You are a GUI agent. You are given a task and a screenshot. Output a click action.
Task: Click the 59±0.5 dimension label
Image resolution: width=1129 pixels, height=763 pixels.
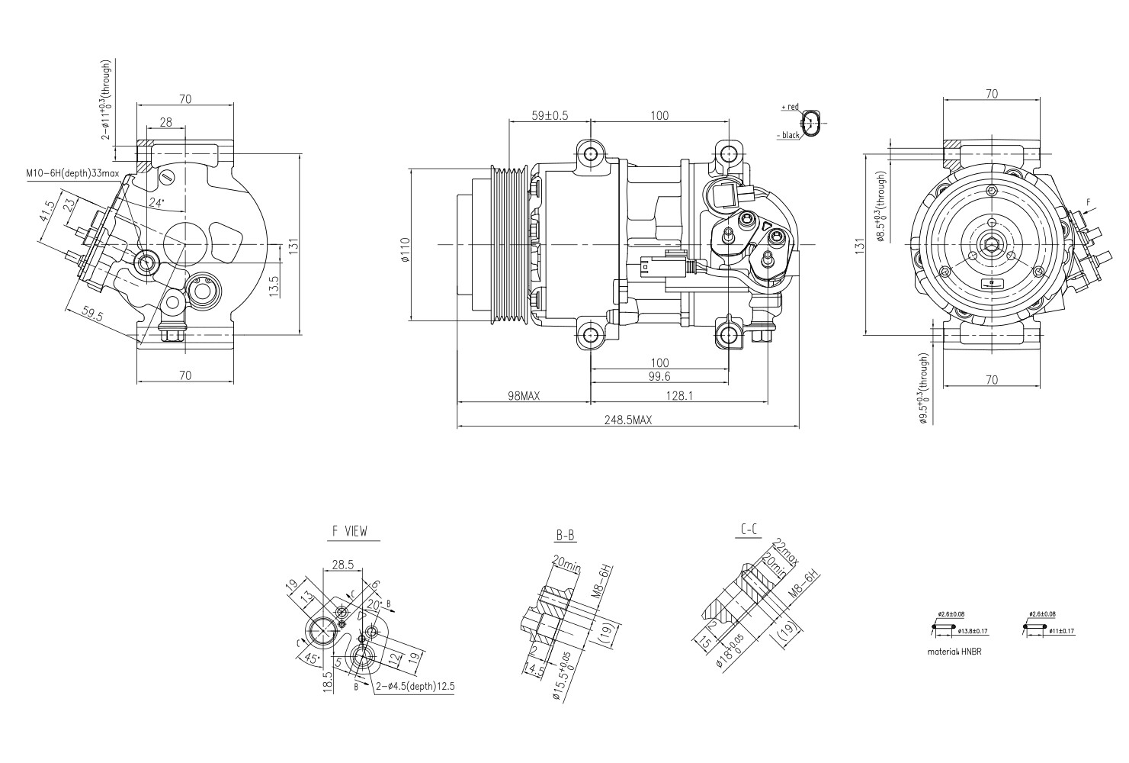(550, 116)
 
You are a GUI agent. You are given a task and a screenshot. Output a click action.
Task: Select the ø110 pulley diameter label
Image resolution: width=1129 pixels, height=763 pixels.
(406, 250)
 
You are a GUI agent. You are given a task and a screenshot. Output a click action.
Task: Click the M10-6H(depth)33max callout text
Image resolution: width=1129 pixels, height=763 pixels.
(72, 174)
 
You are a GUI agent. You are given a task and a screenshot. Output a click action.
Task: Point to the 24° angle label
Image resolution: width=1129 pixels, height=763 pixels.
(156, 203)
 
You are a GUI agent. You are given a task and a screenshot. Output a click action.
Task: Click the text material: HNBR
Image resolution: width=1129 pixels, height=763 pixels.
(952, 652)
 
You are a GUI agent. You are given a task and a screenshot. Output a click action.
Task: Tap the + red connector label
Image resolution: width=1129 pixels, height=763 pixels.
(790, 108)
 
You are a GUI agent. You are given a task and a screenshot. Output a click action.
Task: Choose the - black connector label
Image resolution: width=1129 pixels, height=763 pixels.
(788, 135)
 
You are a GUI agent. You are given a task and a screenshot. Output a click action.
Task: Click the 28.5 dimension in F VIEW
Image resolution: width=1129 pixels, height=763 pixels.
(342, 565)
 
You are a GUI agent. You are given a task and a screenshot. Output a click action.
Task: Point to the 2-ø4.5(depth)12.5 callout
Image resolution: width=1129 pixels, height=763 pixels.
(415, 687)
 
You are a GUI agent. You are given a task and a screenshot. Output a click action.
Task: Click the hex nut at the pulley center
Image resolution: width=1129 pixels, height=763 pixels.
(990, 245)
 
